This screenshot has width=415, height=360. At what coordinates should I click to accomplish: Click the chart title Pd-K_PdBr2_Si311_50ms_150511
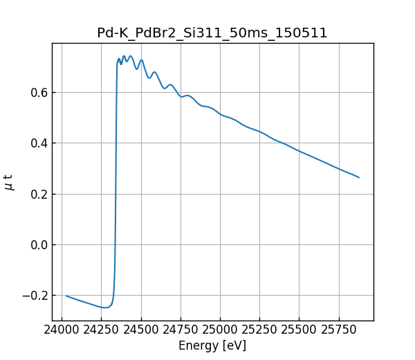tap(212, 33)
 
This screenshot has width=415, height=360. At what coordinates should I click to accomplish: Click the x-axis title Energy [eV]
tap(212, 345)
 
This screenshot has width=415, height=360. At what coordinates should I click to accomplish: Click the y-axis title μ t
tap(9, 181)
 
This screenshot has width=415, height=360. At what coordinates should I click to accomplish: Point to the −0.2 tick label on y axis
tap(33, 296)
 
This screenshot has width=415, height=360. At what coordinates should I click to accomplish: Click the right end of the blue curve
tap(359, 177)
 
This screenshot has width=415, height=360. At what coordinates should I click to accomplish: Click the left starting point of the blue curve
tap(66, 296)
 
